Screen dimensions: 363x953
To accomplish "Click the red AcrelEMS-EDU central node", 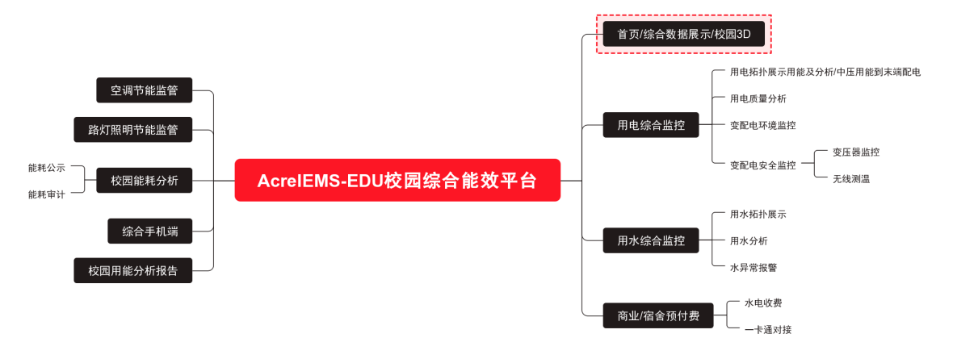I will pos(397,180).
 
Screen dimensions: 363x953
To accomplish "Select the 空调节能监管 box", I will pos(145,90).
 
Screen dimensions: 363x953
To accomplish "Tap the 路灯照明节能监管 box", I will pos(133,129).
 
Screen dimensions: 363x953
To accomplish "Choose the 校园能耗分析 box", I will pos(145,181).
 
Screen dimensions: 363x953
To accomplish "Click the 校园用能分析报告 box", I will pos(133,270).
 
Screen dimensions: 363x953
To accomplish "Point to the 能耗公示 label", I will pos(47,168).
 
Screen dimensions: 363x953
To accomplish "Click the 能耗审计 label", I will pos(47,194).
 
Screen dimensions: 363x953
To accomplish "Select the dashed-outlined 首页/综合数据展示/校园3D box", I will pos(684,34).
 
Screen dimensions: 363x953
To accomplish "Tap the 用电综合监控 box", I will pos(651,125).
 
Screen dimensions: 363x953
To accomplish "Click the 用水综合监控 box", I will pos(651,240).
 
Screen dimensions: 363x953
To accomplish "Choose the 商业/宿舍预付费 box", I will pos(658,315).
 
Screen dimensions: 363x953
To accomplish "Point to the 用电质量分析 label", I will pos(758,98).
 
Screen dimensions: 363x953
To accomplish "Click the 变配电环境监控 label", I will pos(762,125).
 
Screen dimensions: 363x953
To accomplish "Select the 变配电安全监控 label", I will pos(762,165).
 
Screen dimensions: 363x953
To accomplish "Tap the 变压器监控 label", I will pos(855,152).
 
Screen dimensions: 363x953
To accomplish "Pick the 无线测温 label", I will pos(850,179).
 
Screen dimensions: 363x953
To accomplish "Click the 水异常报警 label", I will pos(753,267).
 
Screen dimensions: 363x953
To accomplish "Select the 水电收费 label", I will pos(762,302).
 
